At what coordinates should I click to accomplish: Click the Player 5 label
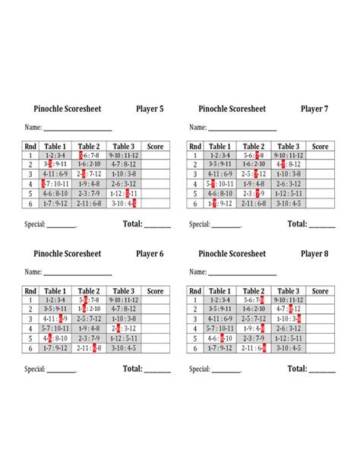click(150, 109)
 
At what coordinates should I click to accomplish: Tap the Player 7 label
click(314, 109)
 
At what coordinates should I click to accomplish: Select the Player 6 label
click(150, 254)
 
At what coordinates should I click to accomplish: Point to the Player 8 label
click(314, 254)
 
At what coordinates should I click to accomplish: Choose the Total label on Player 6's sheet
click(133, 369)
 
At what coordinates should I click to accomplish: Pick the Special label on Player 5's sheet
click(35, 224)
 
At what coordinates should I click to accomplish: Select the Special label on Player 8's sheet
click(200, 369)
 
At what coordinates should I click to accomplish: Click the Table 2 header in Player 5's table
click(89, 147)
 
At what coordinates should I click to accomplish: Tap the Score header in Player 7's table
click(321, 147)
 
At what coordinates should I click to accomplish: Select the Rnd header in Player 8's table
click(195, 291)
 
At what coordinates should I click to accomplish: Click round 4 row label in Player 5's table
click(30, 184)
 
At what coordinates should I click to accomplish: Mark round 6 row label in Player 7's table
click(195, 203)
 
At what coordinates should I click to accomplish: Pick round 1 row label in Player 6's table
click(30, 300)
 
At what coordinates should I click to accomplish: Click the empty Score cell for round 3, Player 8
click(321, 319)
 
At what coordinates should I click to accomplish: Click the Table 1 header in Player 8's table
click(219, 291)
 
